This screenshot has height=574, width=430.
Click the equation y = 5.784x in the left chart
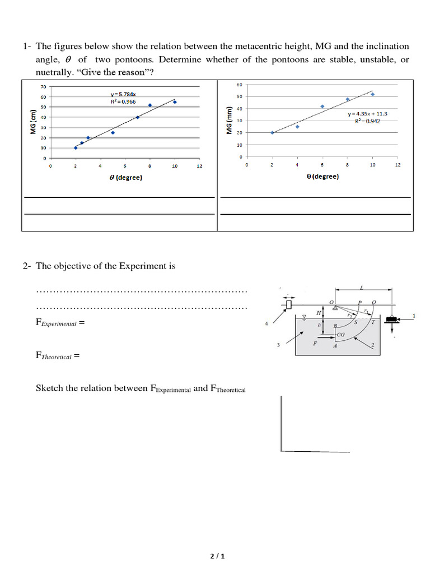(x=123, y=94)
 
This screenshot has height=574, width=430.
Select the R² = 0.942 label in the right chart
(x=367, y=121)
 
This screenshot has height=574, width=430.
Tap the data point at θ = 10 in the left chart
(x=175, y=102)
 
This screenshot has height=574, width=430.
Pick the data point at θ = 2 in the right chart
(x=272, y=132)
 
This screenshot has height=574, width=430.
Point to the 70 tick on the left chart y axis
(x=43, y=87)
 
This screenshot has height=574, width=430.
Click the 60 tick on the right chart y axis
(x=240, y=85)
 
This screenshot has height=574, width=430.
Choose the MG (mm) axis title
(x=229, y=121)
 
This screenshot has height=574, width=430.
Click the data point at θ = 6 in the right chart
(x=322, y=106)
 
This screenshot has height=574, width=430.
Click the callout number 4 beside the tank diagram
(x=267, y=324)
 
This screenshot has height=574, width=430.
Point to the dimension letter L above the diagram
(x=361, y=288)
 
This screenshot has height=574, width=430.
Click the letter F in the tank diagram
(x=315, y=343)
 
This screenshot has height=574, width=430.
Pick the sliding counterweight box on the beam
(x=289, y=304)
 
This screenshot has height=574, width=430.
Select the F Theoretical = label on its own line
(x=58, y=355)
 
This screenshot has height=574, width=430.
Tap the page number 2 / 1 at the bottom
(x=217, y=556)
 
